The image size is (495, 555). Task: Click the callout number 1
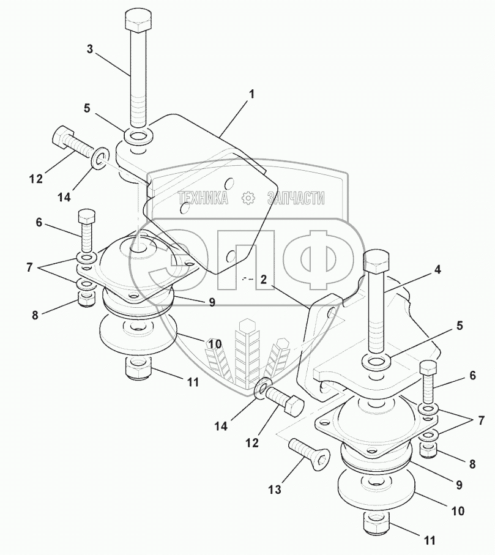[251, 94]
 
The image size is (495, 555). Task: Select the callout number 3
[89, 50]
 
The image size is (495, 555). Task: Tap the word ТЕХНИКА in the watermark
[203, 198]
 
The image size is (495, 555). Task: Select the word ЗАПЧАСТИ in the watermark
[296, 198]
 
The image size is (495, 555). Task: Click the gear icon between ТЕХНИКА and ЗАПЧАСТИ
[248, 197]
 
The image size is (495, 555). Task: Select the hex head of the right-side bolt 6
[428, 368]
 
